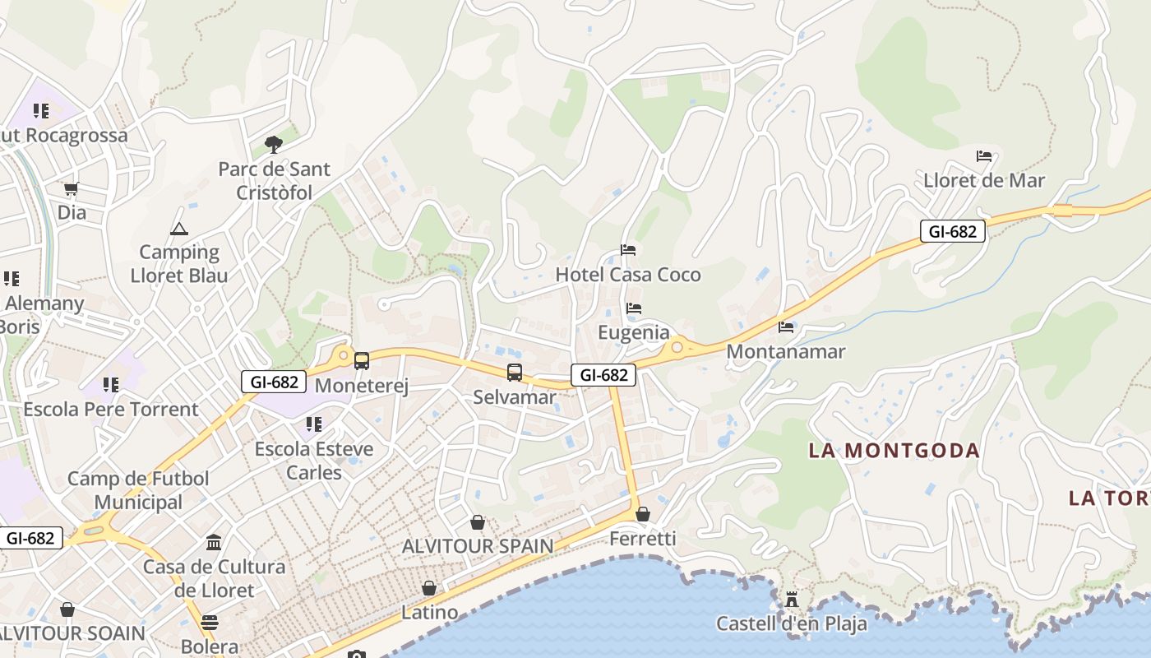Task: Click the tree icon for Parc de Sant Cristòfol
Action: pos(274,146)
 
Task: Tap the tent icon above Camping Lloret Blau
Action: pos(179,229)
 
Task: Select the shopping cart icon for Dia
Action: pos(72,189)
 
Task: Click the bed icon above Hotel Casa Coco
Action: pos(628,250)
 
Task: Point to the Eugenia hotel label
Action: pos(633,332)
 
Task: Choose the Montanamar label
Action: pos(785,351)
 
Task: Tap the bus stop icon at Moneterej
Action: pos(361,360)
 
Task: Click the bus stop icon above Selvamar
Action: pos(515,373)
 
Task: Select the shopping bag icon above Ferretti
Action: pos(643,514)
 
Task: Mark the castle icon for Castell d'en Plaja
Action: pos(792,599)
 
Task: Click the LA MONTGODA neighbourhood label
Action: pos(894,451)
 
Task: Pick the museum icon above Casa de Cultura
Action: pos(215,542)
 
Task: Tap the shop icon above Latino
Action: pos(429,588)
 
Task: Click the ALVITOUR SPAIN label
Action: pos(477,545)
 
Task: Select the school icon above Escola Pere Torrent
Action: pos(111,385)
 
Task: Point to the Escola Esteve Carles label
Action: pos(314,461)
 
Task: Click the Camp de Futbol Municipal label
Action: pos(138,490)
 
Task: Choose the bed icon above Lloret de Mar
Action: pos(984,156)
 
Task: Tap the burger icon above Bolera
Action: pos(210,622)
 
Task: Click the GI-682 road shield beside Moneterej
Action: pos(274,382)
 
